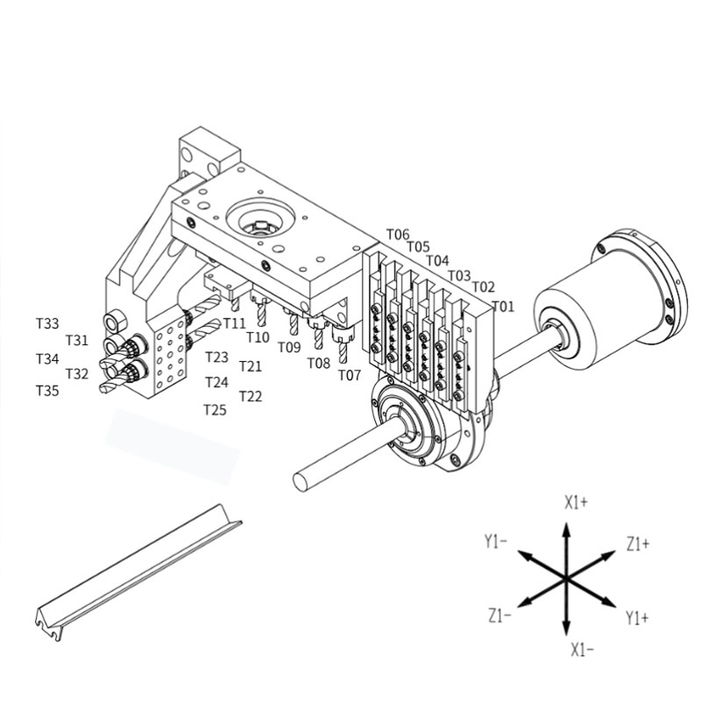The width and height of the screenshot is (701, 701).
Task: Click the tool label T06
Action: pyautogui.click(x=398, y=234)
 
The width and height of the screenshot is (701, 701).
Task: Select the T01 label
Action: pyautogui.click(x=503, y=306)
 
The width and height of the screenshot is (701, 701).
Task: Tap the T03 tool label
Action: pyautogui.click(x=459, y=275)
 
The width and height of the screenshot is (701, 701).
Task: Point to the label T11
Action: pyautogui.click(x=234, y=322)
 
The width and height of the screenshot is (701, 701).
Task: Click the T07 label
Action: pyautogui.click(x=349, y=375)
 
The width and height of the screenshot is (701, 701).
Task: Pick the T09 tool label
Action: pyautogui.click(x=289, y=347)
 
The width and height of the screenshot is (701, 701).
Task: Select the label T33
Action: pyautogui.click(x=47, y=323)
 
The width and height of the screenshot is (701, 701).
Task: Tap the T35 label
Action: pyautogui.click(x=47, y=391)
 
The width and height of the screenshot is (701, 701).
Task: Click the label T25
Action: pyautogui.click(x=215, y=410)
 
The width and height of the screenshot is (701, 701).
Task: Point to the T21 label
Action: pyautogui.click(x=251, y=366)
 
